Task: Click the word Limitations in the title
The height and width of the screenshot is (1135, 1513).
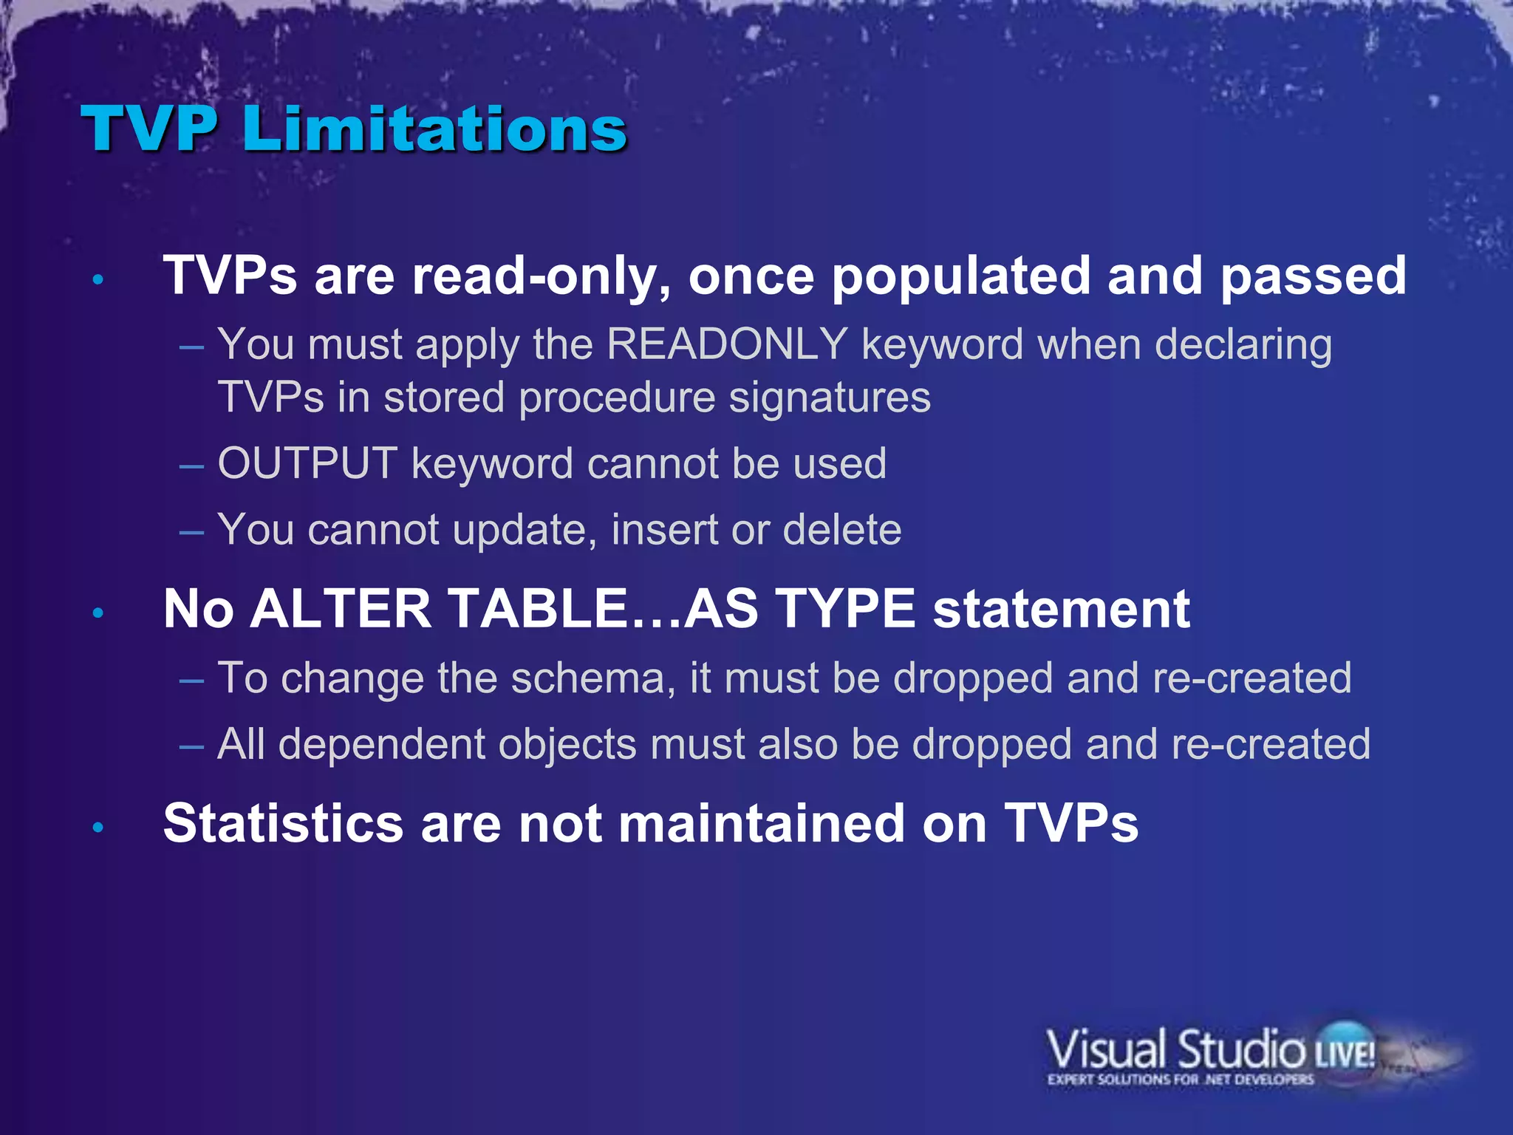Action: tap(434, 129)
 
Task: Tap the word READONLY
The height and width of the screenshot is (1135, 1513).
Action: tap(727, 344)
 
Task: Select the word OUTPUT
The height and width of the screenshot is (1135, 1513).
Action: tap(307, 464)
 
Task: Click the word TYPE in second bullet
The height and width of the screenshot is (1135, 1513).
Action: tap(846, 610)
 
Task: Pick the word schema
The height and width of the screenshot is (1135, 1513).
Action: tap(592, 678)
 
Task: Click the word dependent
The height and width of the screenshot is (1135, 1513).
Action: tap(382, 744)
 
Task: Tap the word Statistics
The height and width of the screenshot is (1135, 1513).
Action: tap(283, 823)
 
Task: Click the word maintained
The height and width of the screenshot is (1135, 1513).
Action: tap(761, 823)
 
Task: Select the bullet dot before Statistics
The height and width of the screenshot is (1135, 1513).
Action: tap(98, 828)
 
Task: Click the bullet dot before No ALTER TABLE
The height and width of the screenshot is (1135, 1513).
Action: tap(98, 613)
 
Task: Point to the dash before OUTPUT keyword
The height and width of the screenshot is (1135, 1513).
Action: tap(191, 466)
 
